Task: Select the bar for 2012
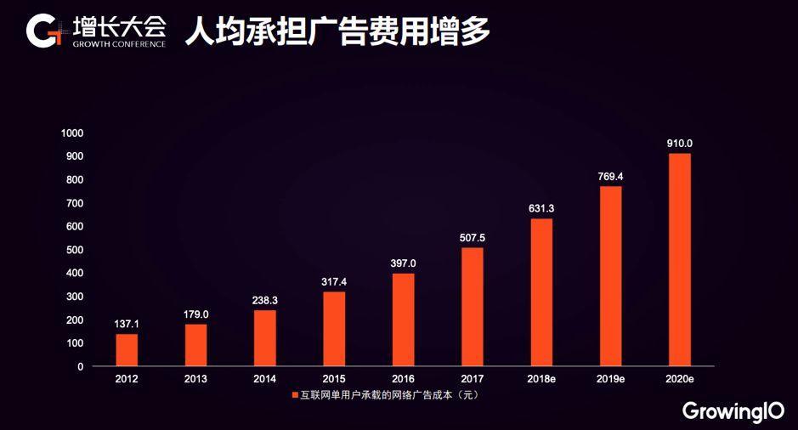(127, 350)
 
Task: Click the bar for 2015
(334, 329)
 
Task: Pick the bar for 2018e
(541, 292)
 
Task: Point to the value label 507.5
(473, 237)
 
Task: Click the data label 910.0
(680, 144)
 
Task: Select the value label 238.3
(265, 300)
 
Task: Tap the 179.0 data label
(195, 314)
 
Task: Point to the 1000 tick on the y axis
(72, 133)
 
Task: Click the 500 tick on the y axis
(75, 250)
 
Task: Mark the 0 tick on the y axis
(80, 366)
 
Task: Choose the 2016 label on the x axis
(404, 379)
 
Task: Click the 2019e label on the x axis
(611, 379)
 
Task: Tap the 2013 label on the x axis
(195, 379)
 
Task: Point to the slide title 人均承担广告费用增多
(337, 31)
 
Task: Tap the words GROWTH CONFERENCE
(119, 43)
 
